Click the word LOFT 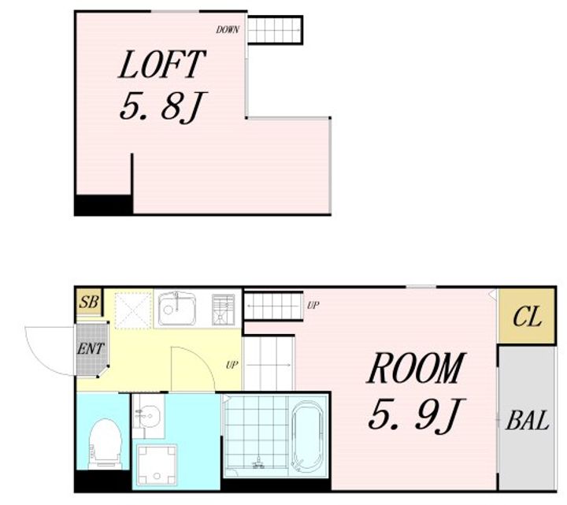coord(161,65)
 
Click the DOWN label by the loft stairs coord(228,30)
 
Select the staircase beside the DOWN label coord(275,30)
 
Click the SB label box coord(89,302)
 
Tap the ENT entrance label coord(91,349)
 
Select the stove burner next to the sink coord(224,310)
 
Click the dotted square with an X coord(133,310)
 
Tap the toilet coord(105,444)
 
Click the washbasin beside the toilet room coord(148,416)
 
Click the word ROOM coord(416,368)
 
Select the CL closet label coord(527,316)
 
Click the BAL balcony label coord(527,420)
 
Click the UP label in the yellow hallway coord(232,365)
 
